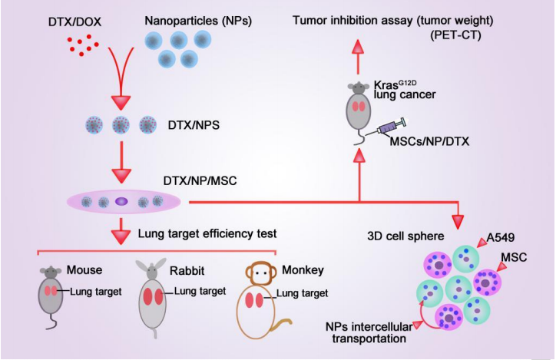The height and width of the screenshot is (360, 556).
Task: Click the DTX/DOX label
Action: pyautogui.click(x=74, y=22)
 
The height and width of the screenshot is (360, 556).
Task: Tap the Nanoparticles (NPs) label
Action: pyautogui.click(x=198, y=21)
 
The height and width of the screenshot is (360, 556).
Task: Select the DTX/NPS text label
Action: pyautogui.click(x=194, y=125)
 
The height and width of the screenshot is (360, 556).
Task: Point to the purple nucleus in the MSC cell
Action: pyautogui.click(x=121, y=201)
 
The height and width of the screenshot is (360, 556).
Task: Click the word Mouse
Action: pyautogui.click(x=84, y=270)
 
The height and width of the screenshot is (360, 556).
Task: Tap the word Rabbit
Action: pyautogui.click(x=187, y=271)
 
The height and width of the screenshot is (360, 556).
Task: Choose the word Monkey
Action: pyautogui.click(x=303, y=270)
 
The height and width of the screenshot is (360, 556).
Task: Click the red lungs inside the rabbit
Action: pyautogui.click(x=154, y=296)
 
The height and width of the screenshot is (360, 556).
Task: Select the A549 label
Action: pyautogui.click(x=501, y=238)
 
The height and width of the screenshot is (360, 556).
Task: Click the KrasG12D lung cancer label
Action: pyautogui.click(x=405, y=90)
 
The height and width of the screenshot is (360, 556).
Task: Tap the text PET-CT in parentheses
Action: pyautogui.click(x=455, y=36)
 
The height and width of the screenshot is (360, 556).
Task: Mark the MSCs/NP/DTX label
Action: pyautogui.click(x=429, y=142)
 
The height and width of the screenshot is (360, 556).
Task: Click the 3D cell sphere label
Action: pyautogui.click(x=405, y=236)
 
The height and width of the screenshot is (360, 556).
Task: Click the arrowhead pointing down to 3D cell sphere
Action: pyautogui.click(x=458, y=222)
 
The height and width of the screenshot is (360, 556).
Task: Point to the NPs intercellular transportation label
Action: pyautogui.click(x=369, y=332)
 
